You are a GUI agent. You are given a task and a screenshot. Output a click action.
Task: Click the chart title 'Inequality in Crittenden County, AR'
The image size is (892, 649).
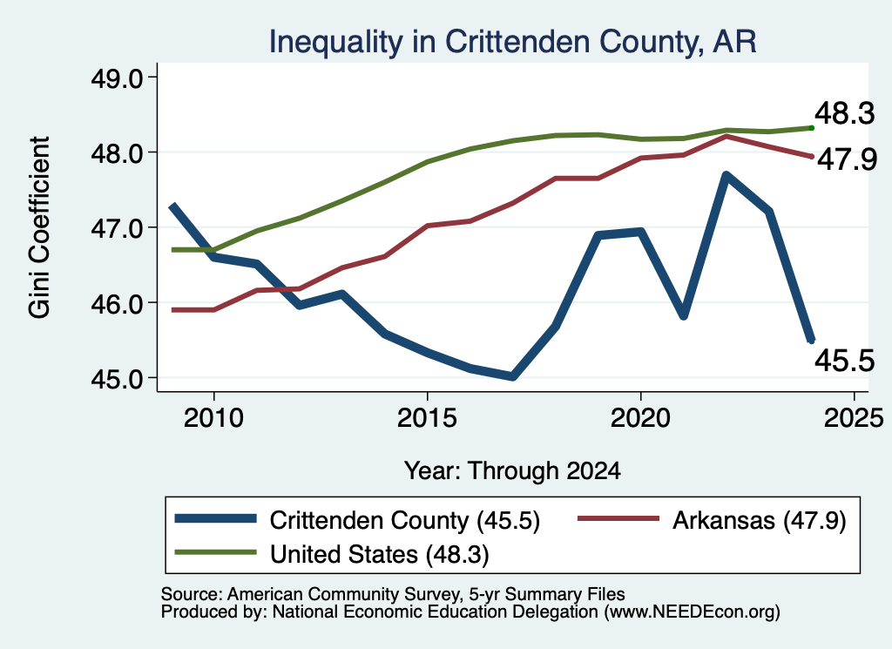(x=512, y=42)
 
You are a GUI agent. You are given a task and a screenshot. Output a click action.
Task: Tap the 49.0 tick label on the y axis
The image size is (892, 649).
(x=118, y=78)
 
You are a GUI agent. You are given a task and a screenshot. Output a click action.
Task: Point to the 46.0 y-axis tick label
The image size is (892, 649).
(x=118, y=303)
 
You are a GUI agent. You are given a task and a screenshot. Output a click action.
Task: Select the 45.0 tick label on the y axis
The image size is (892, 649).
(x=118, y=378)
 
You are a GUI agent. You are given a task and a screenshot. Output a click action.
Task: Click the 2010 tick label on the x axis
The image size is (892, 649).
(x=213, y=418)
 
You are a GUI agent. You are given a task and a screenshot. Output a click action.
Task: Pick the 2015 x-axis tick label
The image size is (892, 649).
(x=427, y=418)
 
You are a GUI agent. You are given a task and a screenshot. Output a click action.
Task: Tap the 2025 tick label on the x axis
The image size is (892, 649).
(x=854, y=418)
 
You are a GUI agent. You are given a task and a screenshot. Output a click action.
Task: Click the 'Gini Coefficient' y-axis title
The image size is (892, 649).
(x=39, y=227)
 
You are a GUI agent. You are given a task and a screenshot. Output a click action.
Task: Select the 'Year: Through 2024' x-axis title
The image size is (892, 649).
(x=512, y=471)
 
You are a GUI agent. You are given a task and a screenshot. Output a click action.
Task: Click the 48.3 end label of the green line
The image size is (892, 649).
(x=845, y=113)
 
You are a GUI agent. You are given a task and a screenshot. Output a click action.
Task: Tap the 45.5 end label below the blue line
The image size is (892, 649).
(x=845, y=360)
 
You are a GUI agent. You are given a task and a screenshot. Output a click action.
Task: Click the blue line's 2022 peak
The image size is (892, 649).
(x=726, y=175)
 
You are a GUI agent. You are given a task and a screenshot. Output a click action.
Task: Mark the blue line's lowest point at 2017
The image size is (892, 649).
(x=512, y=376)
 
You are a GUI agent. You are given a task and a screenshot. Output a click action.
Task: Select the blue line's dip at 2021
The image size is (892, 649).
(x=684, y=315)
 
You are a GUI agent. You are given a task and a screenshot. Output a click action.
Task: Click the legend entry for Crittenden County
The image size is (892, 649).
(x=357, y=520)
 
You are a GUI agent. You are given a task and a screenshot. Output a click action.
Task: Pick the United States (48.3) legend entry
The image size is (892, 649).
(x=332, y=553)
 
